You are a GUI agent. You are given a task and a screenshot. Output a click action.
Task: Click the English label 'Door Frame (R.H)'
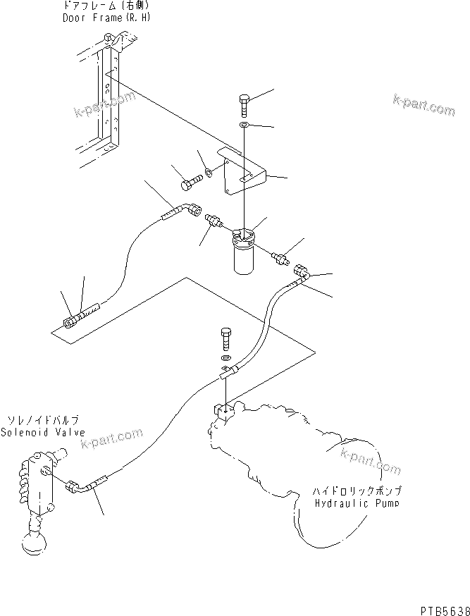point(101,18)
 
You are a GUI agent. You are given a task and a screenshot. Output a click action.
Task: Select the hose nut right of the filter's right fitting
point(300,271)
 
